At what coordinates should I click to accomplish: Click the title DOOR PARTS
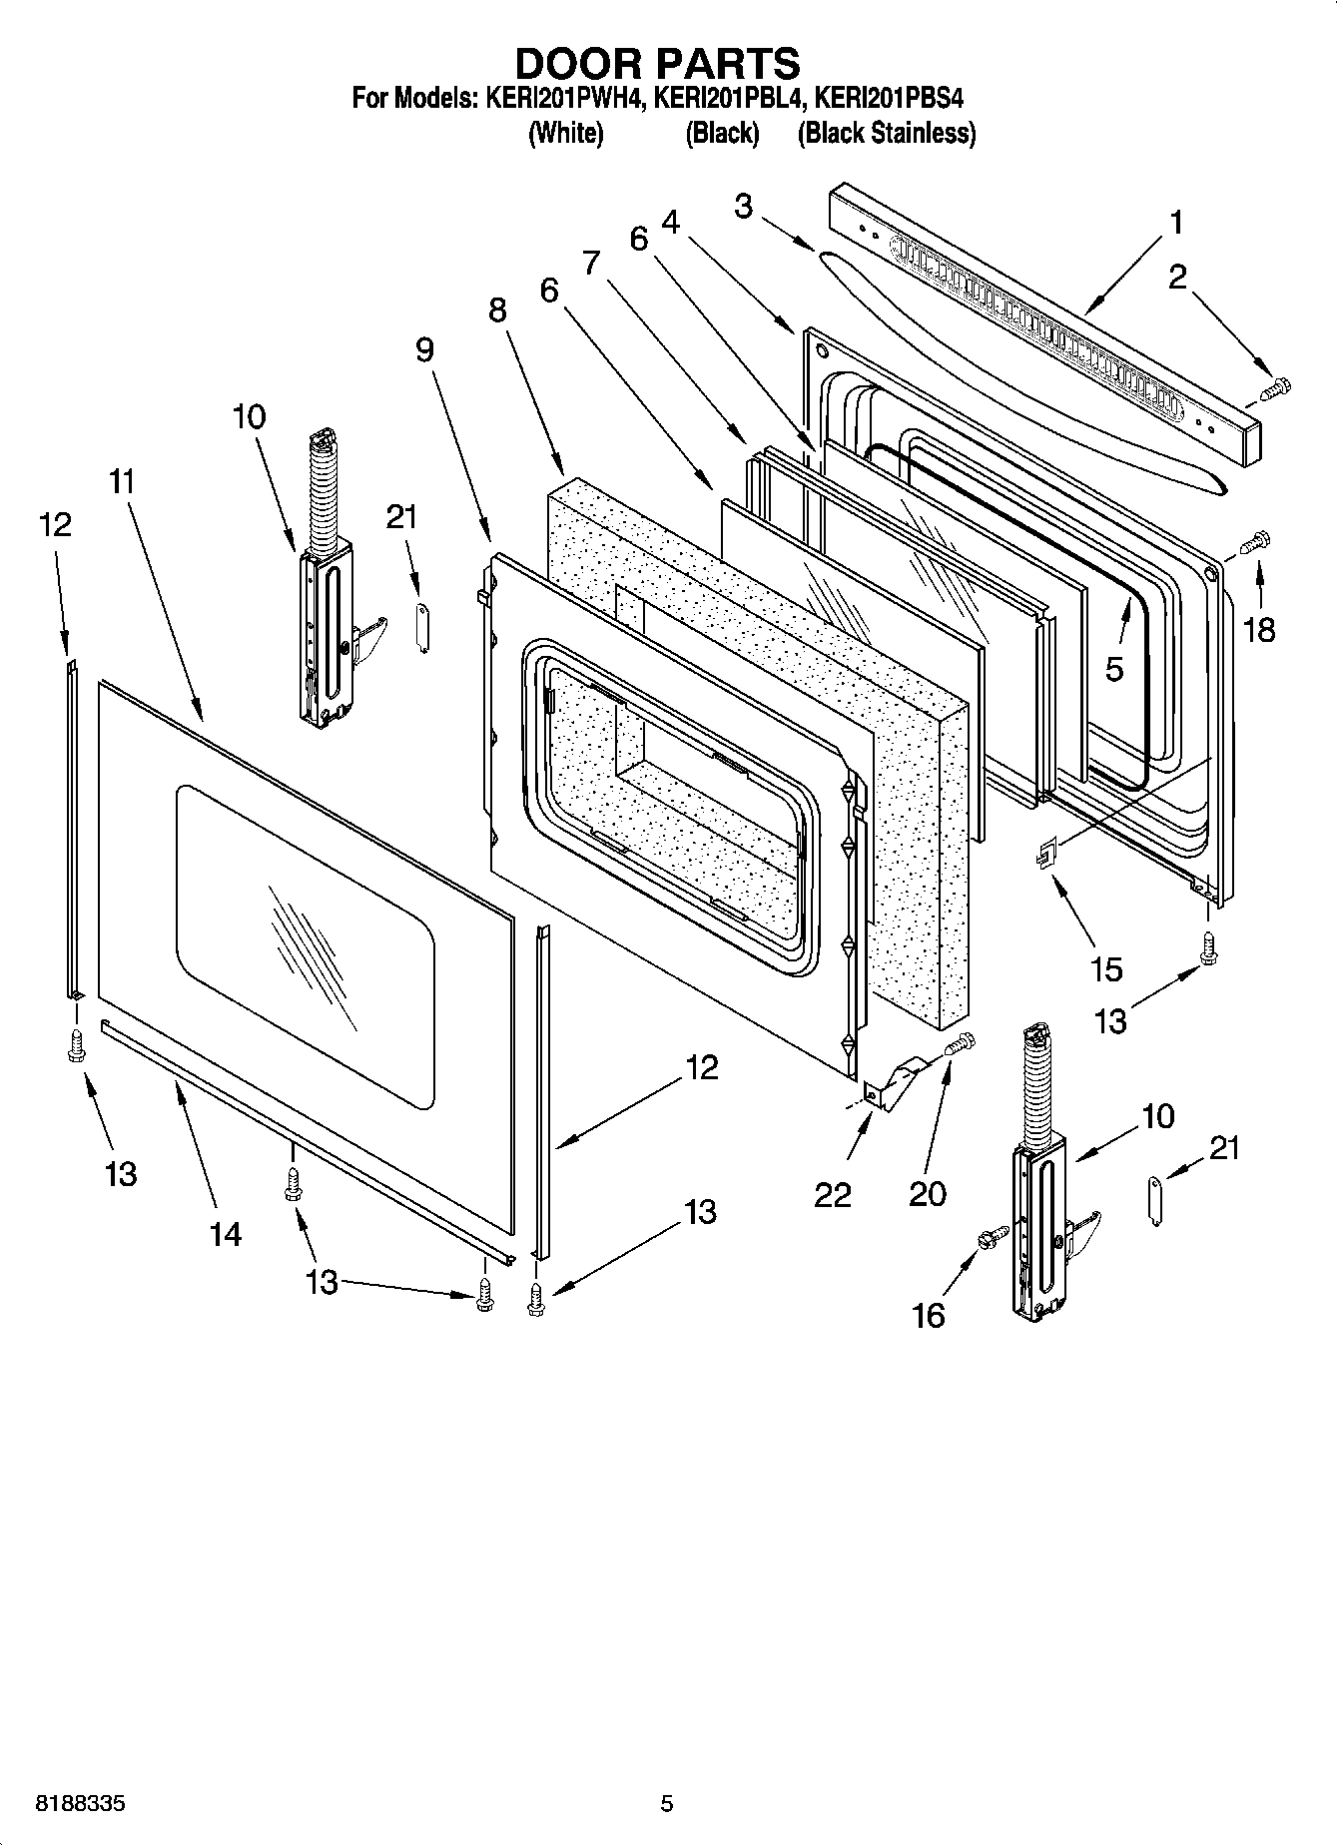657,63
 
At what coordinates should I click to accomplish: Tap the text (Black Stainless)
886,133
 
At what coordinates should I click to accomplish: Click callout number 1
1176,222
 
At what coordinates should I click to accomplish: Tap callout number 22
832,1194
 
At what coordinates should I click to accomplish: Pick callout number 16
928,1315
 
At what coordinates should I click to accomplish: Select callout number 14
226,1234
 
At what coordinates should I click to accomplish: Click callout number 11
122,481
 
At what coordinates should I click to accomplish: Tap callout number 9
424,349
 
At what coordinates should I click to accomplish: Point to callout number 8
497,310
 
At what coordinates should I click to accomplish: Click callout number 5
1114,668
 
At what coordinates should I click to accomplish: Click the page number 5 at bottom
667,1803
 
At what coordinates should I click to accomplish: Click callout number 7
591,263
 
